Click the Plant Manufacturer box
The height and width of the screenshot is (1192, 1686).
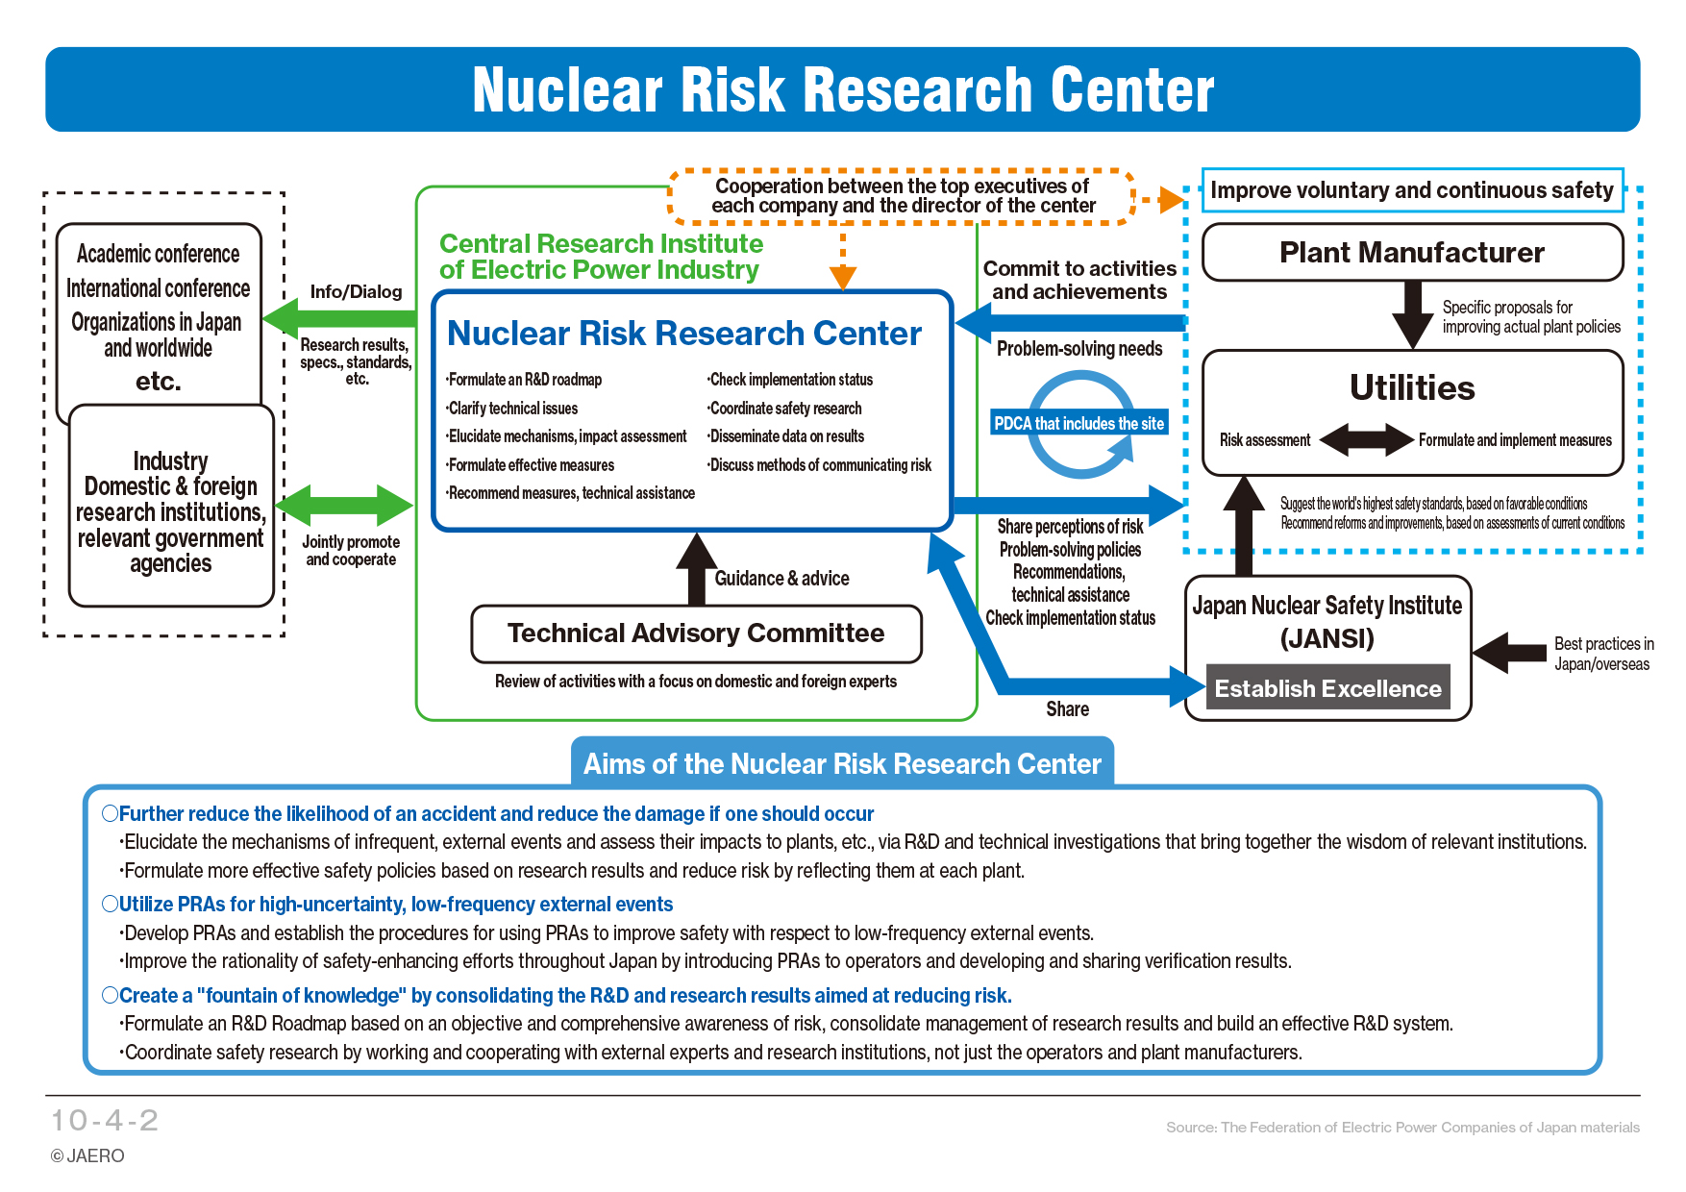[1412, 252]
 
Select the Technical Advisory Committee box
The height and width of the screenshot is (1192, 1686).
[696, 633]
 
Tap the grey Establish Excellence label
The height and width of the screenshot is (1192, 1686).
[1327, 687]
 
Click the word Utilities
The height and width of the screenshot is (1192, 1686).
[1412, 387]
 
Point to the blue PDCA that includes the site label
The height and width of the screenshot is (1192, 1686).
[1079, 423]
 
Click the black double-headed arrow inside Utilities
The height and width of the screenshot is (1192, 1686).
[1366, 440]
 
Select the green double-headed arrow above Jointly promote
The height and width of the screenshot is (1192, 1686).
[344, 506]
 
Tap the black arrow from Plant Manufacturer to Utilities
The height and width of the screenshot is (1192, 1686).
[1412, 314]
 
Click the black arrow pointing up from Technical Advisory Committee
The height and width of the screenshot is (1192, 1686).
[696, 568]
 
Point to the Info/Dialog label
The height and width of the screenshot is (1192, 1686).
[356, 291]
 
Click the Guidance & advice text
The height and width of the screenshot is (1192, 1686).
[781, 579]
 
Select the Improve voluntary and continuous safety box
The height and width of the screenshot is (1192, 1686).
[1412, 190]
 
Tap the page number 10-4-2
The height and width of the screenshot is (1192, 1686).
[105, 1120]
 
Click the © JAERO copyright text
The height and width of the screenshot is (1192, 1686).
[87, 1155]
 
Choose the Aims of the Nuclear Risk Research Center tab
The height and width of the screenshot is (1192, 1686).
[842, 763]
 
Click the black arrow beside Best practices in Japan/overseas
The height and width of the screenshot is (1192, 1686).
[1509, 653]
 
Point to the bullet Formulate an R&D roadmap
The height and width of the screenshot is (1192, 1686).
[524, 380]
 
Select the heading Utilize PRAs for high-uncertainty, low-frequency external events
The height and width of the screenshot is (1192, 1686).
[387, 904]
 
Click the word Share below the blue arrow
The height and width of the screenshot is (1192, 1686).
[1068, 709]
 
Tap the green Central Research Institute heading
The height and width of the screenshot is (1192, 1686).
[601, 257]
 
